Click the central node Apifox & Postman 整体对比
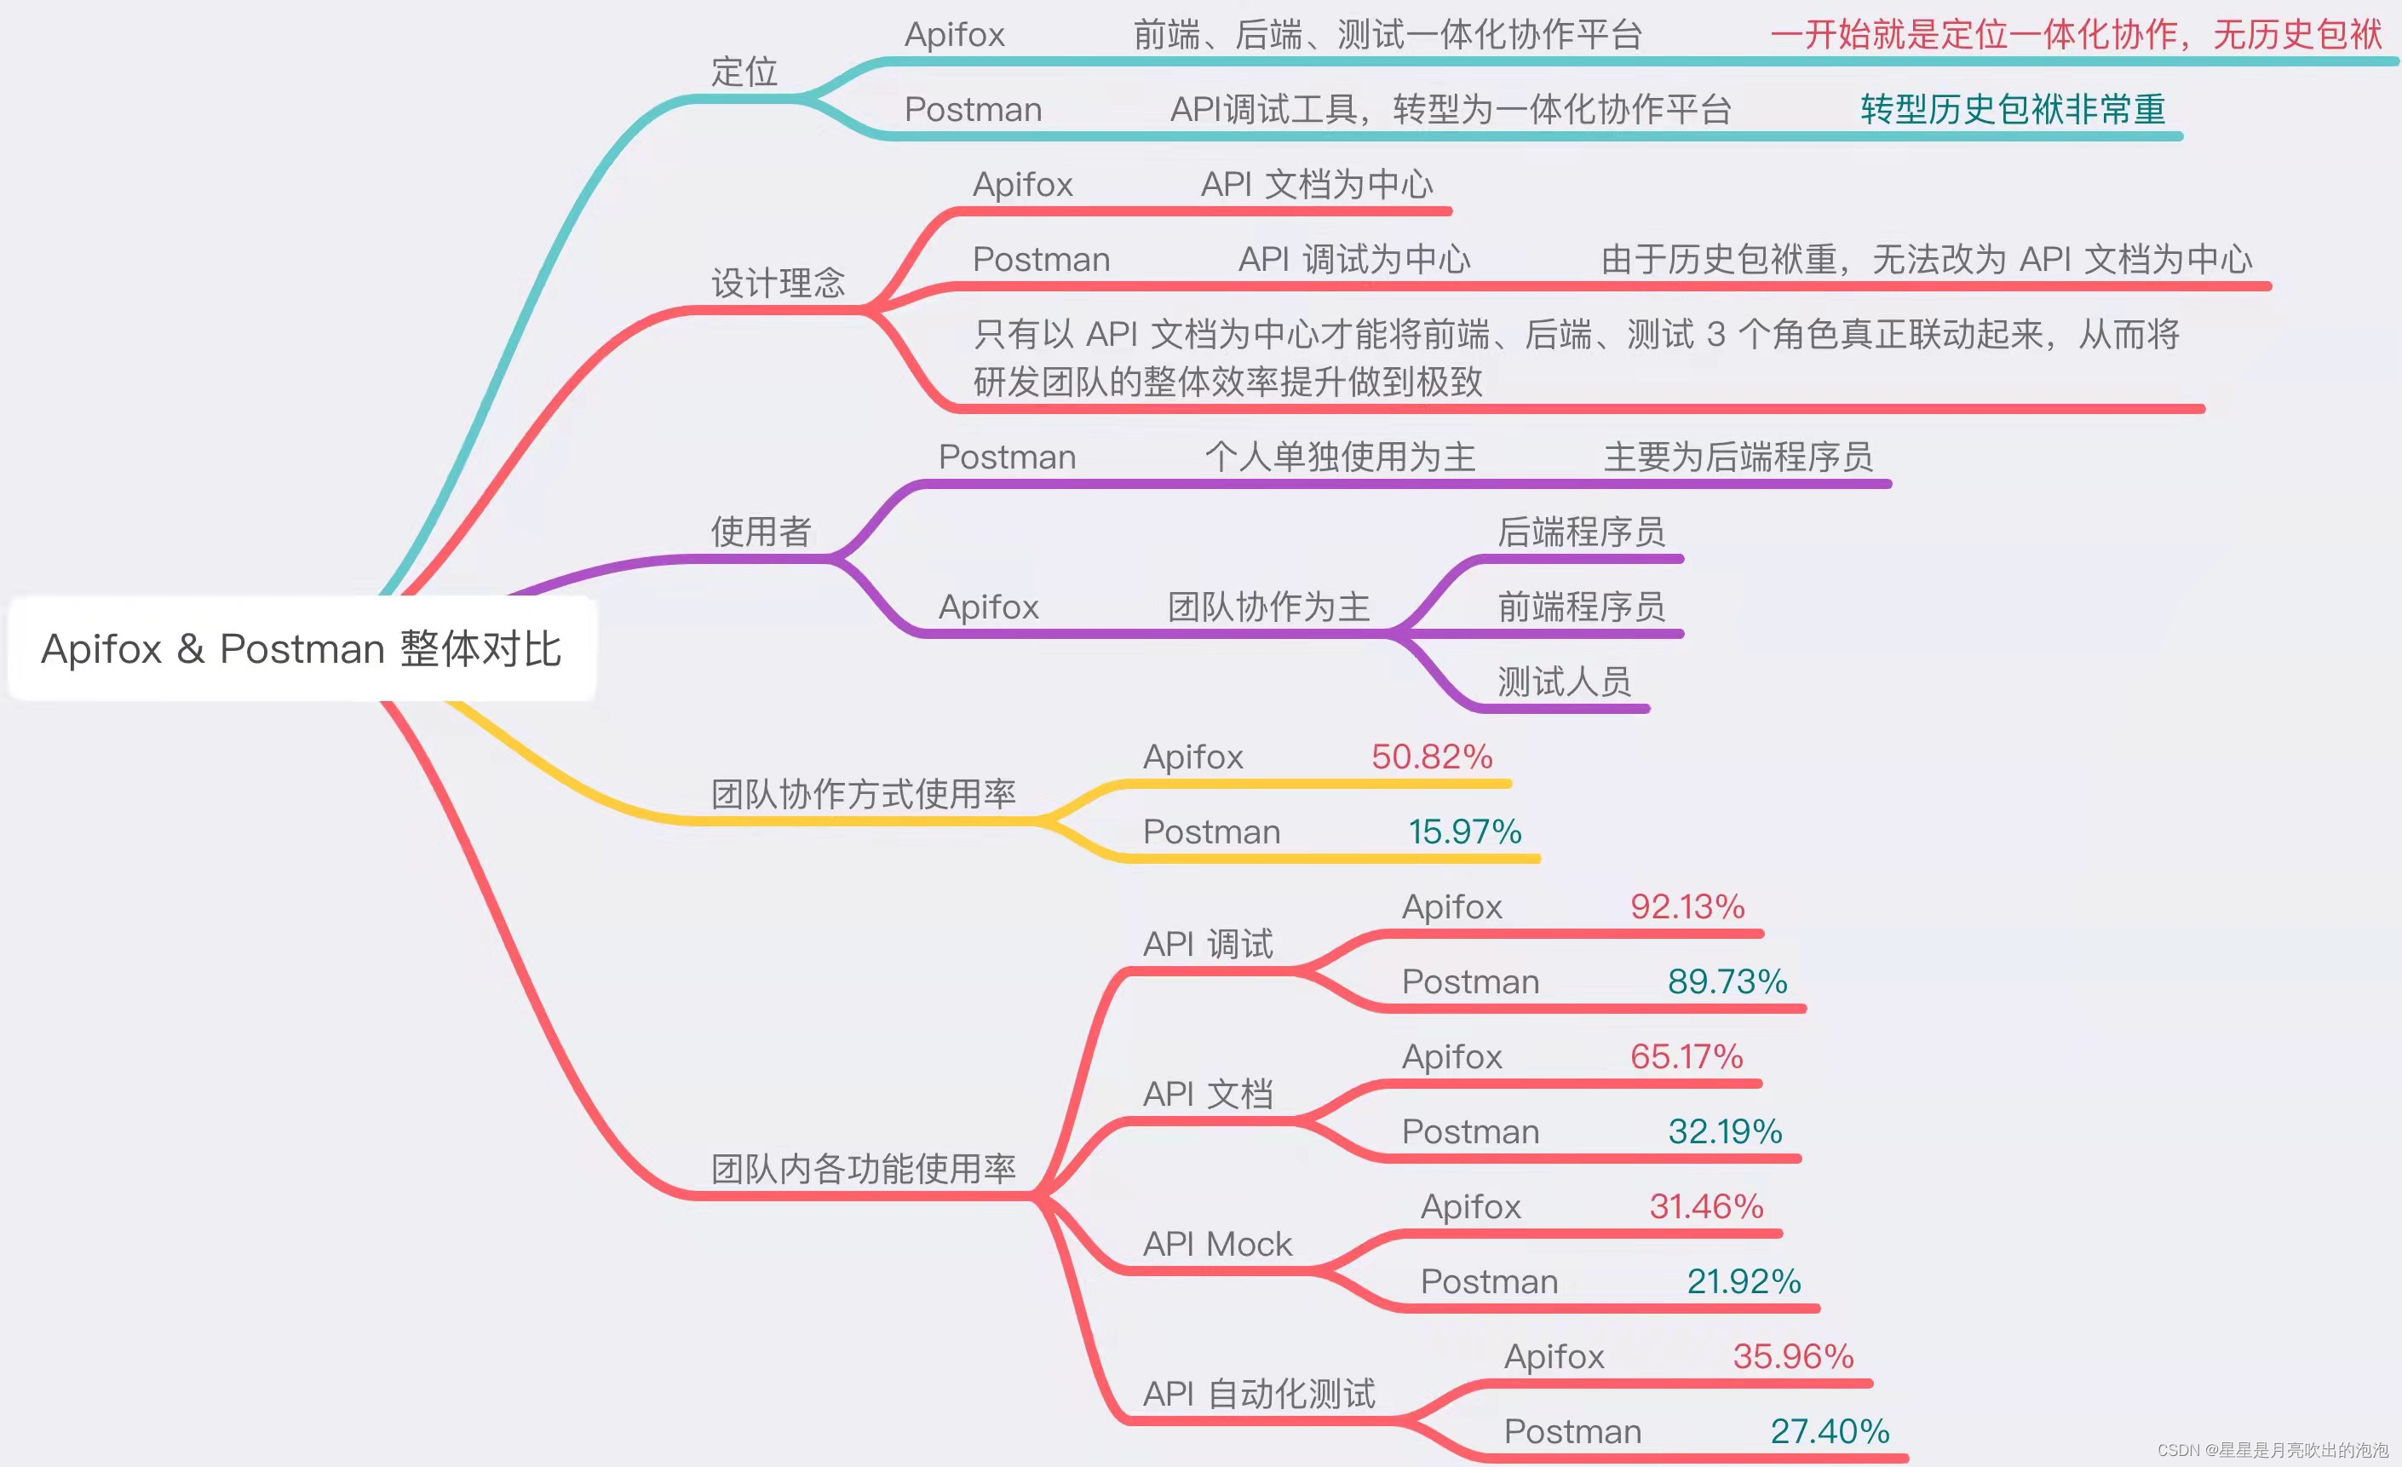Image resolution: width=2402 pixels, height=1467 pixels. pos(302,649)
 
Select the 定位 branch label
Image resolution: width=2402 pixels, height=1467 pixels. pos(744,72)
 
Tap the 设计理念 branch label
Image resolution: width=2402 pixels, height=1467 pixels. pos(778,284)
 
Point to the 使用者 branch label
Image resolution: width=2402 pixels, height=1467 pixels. pos(761,532)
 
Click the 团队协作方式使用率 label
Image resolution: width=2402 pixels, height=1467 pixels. pos(863,795)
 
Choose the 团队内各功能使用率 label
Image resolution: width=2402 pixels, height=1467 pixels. pos(863,1169)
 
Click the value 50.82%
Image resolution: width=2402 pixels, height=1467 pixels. pos(1431,757)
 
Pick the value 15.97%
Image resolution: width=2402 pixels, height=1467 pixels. pos(1464,832)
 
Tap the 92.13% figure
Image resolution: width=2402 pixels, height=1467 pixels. pos(1687,907)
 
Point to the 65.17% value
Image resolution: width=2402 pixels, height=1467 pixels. pos(1687,1057)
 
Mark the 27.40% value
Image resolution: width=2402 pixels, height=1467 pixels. pos(1829,1432)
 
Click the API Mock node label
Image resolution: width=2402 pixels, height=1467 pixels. pos(1216,1245)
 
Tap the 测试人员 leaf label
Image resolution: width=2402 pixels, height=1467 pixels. pos(1564,682)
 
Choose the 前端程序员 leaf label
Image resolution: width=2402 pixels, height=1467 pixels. pos(1581,607)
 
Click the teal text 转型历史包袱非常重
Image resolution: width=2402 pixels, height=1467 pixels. pos(2012,109)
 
